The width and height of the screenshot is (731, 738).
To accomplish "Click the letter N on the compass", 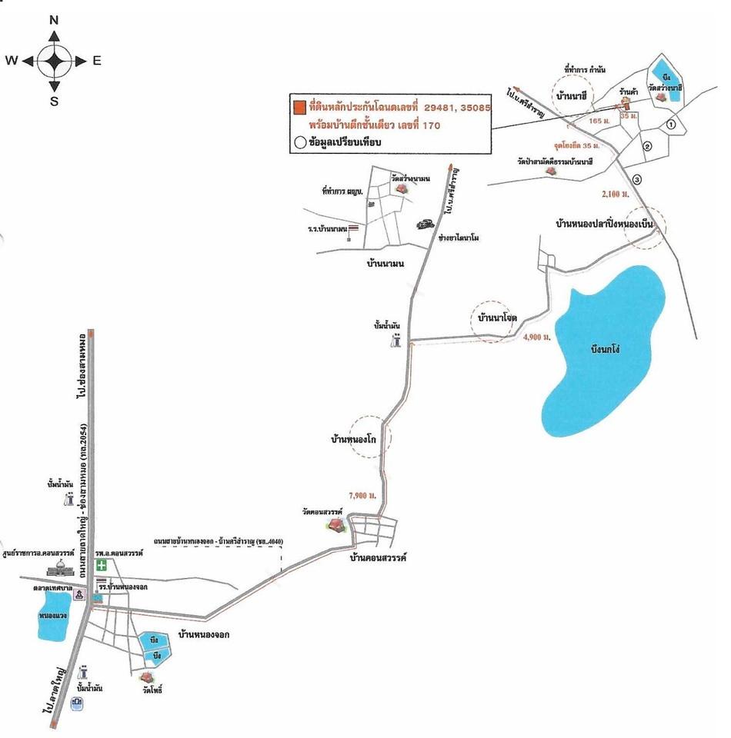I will pyautogui.click(x=55, y=20).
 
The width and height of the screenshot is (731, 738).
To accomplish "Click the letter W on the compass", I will pyautogui.click(x=12, y=61).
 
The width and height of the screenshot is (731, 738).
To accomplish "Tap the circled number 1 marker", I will pyautogui.click(x=670, y=123).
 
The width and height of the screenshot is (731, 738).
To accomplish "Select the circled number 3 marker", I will pyautogui.click(x=636, y=179).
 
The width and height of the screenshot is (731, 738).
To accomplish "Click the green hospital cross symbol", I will pyautogui.click(x=101, y=565).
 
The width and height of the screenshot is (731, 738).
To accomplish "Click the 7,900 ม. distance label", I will pyautogui.click(x=362, y=494).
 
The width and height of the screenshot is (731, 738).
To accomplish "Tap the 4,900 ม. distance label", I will pyautogui.click(x=537, y=337).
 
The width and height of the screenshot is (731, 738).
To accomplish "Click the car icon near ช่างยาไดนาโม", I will pyautogui.click(x=424, y=224).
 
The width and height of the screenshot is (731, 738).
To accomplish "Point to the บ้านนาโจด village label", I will pyautogui.click(x=496, y=317).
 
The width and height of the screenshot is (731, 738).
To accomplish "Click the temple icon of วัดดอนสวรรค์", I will pyautogui.click(x=335, y=525).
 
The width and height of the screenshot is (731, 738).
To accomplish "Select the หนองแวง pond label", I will pyautogui.click(x=53, y=616).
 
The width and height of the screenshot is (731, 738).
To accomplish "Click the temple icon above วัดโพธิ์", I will pyautogui.click(x=148, y=676).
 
